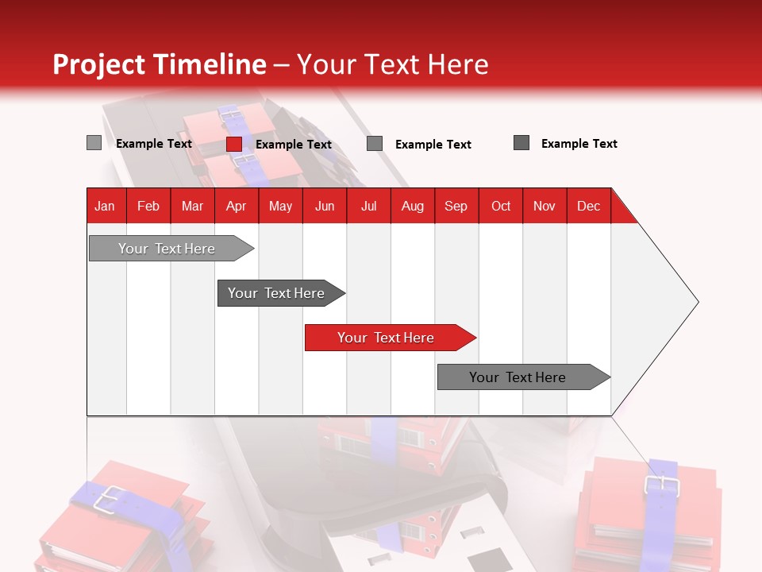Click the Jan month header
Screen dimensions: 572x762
click(x=106, y=206)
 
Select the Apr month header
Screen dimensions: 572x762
click(x=237, y=206)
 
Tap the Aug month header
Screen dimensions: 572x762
click(x=412, y=206)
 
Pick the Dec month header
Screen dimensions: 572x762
click(x=588, y=206)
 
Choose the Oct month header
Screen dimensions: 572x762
click(x=500, y=206)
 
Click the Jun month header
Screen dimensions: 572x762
click(x=325, y=206)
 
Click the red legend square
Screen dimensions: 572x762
click(x=233, y=144)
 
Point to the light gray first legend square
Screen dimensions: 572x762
click(x=94, y=143)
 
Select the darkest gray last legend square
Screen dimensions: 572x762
click(x=521, y=143)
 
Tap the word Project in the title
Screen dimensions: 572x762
click(x=98, y=64)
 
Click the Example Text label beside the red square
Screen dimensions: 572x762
click(x=293, y=145)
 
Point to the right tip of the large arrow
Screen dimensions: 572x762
click(x=697, y=302)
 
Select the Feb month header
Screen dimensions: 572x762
click(x=148, y=206)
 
